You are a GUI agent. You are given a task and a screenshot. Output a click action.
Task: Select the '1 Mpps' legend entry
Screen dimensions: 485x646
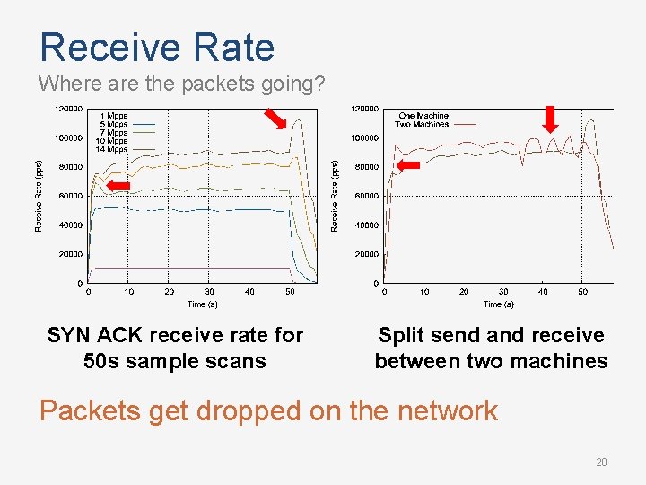(114, 116)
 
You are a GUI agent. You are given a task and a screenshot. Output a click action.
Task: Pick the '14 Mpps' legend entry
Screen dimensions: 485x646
(112, 149)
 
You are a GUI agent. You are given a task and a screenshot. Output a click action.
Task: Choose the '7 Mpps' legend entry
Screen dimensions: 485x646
(114, 133)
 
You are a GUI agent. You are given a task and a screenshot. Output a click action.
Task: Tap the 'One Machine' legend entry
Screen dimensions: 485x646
(423, 116)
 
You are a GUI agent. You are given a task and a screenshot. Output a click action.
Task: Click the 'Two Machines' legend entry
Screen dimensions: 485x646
(423, 124)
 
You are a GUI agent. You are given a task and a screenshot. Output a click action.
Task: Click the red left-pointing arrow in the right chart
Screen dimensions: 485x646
(409, 166)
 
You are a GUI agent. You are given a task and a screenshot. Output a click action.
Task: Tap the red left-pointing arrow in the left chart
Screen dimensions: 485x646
(118, 186)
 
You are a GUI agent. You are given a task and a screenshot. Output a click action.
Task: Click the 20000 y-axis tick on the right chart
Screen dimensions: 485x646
(364, 254)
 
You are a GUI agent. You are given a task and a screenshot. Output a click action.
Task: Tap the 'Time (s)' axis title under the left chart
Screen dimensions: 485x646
(202, 304)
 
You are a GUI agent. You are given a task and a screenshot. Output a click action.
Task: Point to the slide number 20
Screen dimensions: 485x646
(601, 463)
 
